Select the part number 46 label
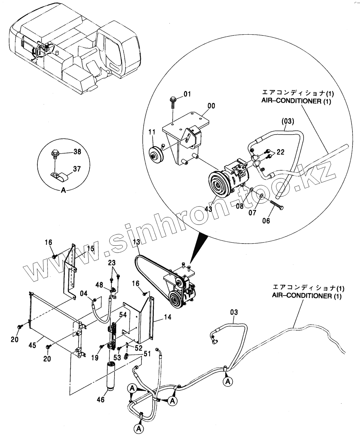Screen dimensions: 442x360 point(101,400)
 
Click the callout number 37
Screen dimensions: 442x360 point(77,169)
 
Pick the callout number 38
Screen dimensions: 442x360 point(77,152)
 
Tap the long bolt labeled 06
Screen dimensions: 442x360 point(277,205)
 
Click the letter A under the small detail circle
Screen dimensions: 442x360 point(63,191)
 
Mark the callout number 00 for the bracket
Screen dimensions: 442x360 point(211,106)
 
